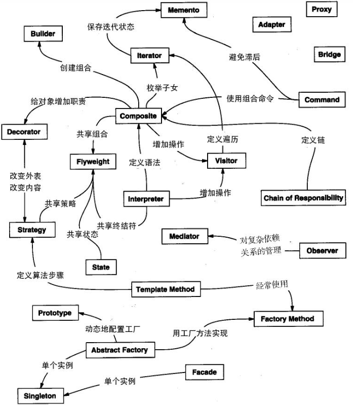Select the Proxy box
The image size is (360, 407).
322,10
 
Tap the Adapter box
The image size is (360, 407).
271,24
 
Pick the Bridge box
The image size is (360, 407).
329,54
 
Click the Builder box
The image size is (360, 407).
46,34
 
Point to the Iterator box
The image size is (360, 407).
149,55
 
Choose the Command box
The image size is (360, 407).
322,99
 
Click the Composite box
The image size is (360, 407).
138,116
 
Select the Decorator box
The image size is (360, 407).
23,132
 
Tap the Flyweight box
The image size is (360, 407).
93,162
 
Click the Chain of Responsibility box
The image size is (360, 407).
303,198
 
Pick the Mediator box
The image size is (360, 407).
184,236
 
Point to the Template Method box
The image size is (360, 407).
166,289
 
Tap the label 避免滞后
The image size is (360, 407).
245,57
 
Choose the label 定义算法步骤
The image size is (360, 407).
40,276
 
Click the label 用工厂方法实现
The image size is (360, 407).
200,333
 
